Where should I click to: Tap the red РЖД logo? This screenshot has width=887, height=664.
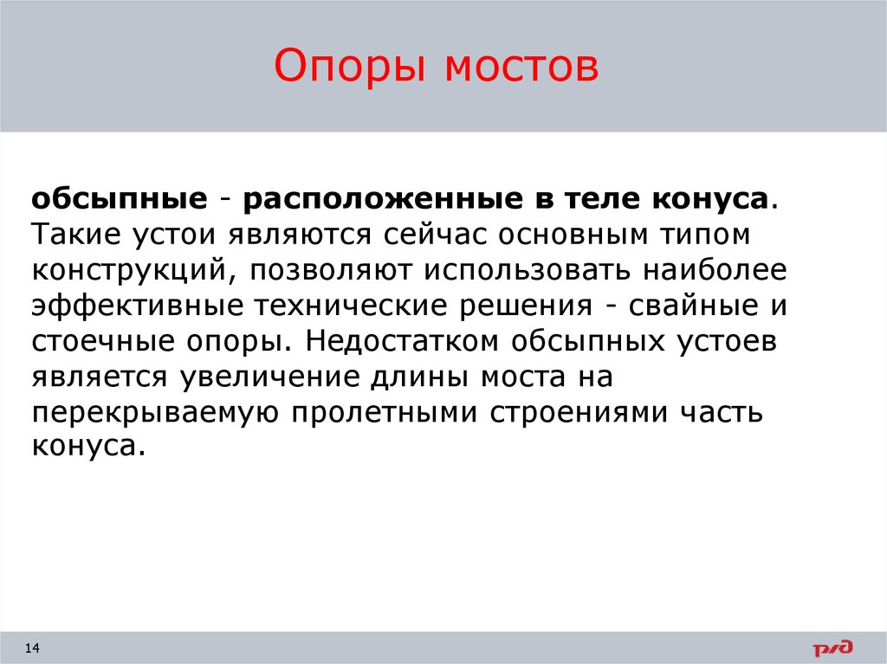point(832,648)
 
